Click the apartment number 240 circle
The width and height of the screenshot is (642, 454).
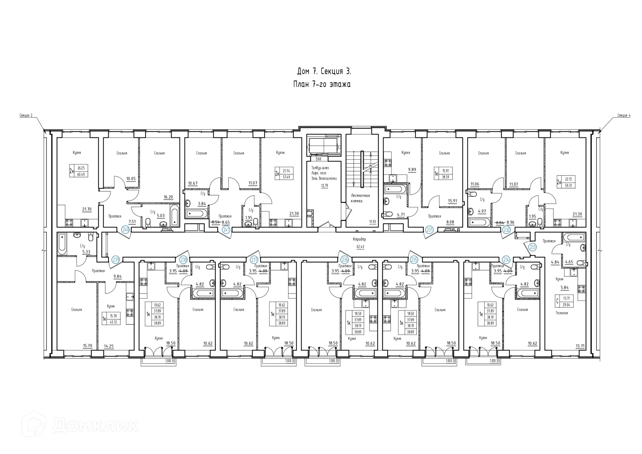click(126, 230)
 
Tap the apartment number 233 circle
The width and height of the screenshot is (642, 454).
click(532, 247)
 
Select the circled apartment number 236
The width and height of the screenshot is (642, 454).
click(344, 260)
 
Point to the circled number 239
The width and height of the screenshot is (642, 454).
click(116, 259)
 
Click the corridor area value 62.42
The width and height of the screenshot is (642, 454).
click(360, 247)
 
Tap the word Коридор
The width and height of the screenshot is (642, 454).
click(359, 239)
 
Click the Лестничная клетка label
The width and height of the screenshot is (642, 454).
click(360, 198)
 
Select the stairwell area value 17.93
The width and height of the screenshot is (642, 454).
click(372, 222)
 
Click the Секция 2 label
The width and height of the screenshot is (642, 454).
click(26, 116)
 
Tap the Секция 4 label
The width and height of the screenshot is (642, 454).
click(624, 116)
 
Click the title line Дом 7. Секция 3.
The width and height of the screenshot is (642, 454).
click(324, 72)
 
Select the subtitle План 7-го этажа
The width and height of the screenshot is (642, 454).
click(322, 84)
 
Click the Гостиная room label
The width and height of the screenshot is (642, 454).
click(562, 313)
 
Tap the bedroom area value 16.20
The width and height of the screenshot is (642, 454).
click(168, 197)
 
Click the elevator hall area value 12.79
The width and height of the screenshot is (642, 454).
click(324, 186)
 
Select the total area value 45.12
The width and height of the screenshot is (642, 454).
click(113, 322)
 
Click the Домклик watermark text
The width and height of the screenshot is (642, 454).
click(95, 426)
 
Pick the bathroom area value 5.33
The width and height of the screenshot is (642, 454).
click(86, 252)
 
